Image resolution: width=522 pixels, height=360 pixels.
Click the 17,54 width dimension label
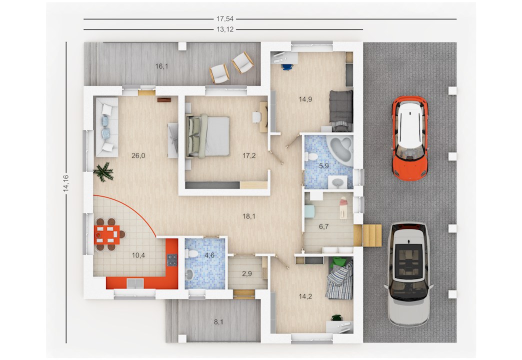coord(225,19)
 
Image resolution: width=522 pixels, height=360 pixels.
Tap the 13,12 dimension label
coord(225,29)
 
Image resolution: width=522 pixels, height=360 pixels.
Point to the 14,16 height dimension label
coord(66,183)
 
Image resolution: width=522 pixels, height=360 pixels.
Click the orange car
coord(410,138)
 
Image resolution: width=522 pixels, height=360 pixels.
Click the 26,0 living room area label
coord(138,155)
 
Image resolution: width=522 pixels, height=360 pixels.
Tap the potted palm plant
coord(103,172)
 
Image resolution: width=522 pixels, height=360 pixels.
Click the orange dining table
coord(107,234)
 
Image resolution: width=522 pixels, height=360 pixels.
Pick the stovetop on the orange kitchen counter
coord(172,260)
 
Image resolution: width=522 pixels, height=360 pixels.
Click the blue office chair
coord(287,67)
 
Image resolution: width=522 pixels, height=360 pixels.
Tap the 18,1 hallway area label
coord(248,216)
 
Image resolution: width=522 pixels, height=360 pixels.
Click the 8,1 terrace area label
coord(218,322)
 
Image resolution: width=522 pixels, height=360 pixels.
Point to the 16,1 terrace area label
coord(161,66)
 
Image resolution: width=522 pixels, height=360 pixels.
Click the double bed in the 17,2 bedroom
coord(207,136)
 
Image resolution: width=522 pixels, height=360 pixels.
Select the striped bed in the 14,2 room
coord(339,278)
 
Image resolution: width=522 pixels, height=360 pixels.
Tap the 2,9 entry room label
coord(246,274)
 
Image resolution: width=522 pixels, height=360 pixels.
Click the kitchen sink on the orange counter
coord(135,283)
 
